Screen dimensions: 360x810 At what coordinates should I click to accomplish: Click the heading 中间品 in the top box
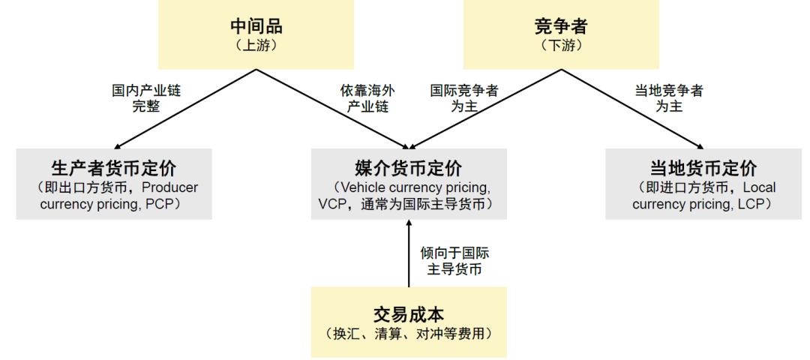tap(256, 26)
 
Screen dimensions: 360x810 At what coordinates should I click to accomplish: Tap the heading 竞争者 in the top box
tap(561, 26)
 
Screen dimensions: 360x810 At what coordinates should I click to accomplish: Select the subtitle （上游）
tap(256, 46)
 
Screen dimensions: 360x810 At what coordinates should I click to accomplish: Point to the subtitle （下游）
tap(561, 46)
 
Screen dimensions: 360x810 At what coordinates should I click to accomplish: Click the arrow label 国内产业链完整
tap(146, 98)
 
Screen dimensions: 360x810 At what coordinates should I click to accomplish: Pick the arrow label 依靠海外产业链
tap(367, 98)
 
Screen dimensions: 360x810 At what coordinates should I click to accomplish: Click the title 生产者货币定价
tap(114, 167)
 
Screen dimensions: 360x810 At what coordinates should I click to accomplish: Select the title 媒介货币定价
tap(409, 167)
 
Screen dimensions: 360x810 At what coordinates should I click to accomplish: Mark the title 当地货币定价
tap(703, 167)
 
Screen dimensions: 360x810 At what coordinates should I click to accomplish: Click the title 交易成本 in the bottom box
tap(409, 314)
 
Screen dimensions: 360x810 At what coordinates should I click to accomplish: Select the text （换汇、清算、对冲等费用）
tap(409, 334)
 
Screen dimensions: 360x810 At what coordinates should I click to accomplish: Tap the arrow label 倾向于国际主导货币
tap(454, 261)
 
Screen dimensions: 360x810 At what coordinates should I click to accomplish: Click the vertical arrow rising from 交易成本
tap(409, 255)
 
